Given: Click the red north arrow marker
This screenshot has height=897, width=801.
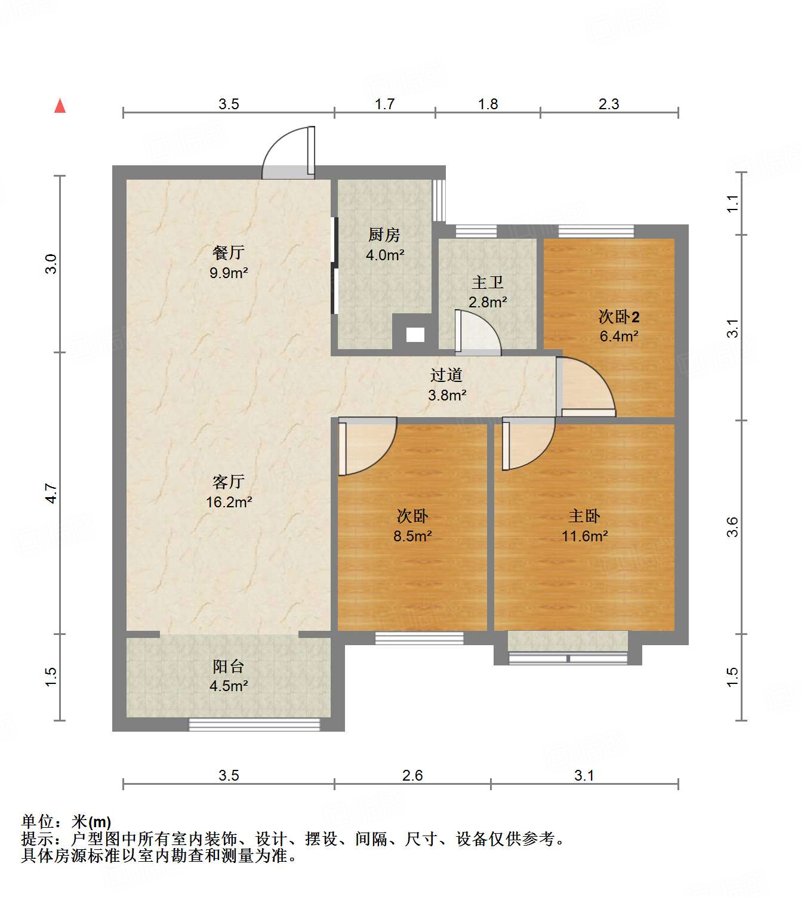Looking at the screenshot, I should (x=60, y=106).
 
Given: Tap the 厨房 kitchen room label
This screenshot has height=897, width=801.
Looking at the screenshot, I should (x=384, y=235).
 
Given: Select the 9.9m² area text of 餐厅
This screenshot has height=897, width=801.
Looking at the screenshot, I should (x=229, y=273).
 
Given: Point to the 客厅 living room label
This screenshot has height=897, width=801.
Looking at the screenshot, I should (x=229, y=482).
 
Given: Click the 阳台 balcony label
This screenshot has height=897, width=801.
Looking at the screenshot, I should (x=229, y=666).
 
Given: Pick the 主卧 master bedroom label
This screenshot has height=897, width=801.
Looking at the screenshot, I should (x=584, y=516).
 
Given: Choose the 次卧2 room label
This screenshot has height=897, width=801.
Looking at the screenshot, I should (x=619, y=316).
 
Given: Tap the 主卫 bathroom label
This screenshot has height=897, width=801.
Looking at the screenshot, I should (x=488, y=282).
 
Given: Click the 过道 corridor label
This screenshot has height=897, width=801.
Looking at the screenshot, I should (x=446, y=375).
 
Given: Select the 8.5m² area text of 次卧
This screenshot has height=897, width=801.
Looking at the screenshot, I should (x=412, y=536).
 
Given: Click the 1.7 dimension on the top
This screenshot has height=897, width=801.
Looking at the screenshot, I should (x=384, y=104).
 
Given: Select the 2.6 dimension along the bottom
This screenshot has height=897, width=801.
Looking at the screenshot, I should (x=412, y=775).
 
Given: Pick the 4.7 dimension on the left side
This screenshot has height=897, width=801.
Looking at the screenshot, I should (x=51, y=493).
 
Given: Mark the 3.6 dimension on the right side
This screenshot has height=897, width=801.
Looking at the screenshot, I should (x=732, y=527).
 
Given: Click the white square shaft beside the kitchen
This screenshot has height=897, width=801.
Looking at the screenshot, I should (x=415, y=335).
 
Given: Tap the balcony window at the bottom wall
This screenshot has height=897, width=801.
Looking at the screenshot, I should (x=254, y=725).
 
